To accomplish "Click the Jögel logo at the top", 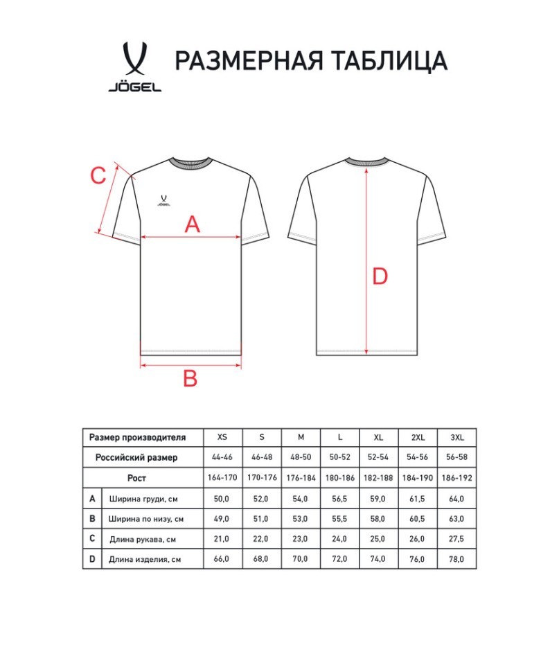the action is coord(134,67).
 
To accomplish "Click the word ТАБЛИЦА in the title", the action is coord(390,61).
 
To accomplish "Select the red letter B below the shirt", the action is coord(190,378).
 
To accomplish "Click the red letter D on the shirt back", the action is coord(380,277).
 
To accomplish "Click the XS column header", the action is coord(222,437).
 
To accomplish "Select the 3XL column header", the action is coord(457,437).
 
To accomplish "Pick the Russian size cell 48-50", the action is coord(301,457).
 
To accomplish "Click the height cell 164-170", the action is coord(222,478).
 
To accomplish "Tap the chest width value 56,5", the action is coord(340,498).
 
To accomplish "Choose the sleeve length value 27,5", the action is coord(457,538).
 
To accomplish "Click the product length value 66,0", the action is coord(222,558).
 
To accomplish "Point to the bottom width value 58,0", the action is coord(379,518).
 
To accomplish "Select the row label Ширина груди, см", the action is coord(146,498).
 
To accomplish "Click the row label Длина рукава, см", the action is coord(145,538).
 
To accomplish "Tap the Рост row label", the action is coord(137,478).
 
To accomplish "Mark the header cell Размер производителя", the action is coord(138,437).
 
